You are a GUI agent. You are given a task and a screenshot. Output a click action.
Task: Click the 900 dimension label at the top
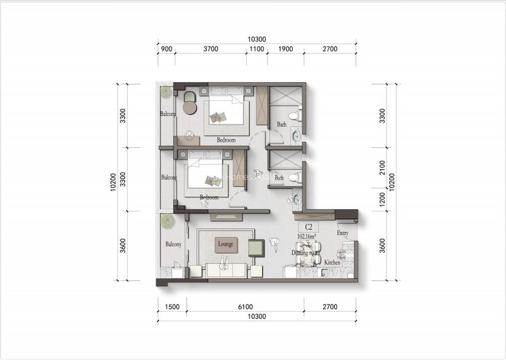(167, 49)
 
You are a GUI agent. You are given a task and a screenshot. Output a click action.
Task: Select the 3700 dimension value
(210, 49)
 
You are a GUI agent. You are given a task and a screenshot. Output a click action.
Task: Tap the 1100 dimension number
(257, 49)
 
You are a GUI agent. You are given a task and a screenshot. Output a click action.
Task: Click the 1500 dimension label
(172, 307)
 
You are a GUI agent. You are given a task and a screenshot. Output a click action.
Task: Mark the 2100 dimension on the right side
(382, 168)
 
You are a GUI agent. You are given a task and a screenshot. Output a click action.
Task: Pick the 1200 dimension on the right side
(382, 199)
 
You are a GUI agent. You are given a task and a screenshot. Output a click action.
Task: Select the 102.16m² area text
(307, 237)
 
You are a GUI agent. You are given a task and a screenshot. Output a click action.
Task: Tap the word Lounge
(226, 244)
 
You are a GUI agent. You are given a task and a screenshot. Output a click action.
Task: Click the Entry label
(342, 233)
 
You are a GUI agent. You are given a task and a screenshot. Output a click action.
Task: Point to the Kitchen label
(332, 263)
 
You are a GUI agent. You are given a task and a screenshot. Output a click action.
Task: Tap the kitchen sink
(324, 273)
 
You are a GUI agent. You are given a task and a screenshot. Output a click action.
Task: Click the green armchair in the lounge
(256, 247)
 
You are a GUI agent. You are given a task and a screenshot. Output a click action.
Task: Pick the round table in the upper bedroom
(190, 108)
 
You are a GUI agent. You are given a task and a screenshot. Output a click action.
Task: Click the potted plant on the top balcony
(166, 92)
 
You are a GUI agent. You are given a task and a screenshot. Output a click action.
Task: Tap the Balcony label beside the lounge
(173, 244)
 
